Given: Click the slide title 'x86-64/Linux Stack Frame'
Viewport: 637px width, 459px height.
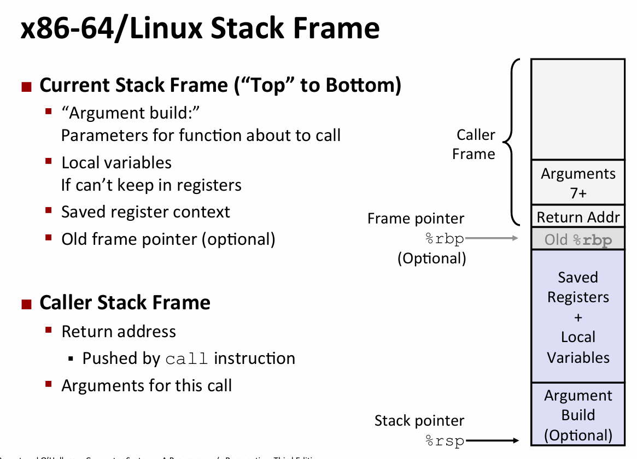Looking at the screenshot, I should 200,28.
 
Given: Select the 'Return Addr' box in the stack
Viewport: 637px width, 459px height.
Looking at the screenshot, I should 578,217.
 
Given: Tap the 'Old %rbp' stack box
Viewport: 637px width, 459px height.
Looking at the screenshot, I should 578,239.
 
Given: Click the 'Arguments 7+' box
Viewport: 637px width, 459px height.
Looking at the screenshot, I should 578,183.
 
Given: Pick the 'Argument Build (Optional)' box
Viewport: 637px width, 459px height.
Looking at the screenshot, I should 578,415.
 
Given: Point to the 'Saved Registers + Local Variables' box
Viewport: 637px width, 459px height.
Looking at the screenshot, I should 578,317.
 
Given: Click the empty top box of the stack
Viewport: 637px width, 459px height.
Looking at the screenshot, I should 578,109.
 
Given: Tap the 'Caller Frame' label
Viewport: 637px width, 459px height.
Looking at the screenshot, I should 475,144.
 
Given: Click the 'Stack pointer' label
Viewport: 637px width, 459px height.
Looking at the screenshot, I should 419,421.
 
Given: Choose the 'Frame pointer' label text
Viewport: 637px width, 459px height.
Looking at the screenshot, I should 416,219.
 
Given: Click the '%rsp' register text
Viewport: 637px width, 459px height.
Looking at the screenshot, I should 445,441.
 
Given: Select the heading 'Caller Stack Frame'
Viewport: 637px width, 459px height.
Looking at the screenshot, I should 125,303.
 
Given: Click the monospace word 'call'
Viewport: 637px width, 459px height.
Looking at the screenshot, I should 186,359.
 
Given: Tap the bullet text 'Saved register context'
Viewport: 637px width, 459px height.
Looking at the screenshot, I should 145,212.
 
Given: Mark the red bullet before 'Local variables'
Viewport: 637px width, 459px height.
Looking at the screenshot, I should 49,162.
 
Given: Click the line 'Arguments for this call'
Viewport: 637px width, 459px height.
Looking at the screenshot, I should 147,385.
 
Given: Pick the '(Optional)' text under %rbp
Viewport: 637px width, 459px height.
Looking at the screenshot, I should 432,258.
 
